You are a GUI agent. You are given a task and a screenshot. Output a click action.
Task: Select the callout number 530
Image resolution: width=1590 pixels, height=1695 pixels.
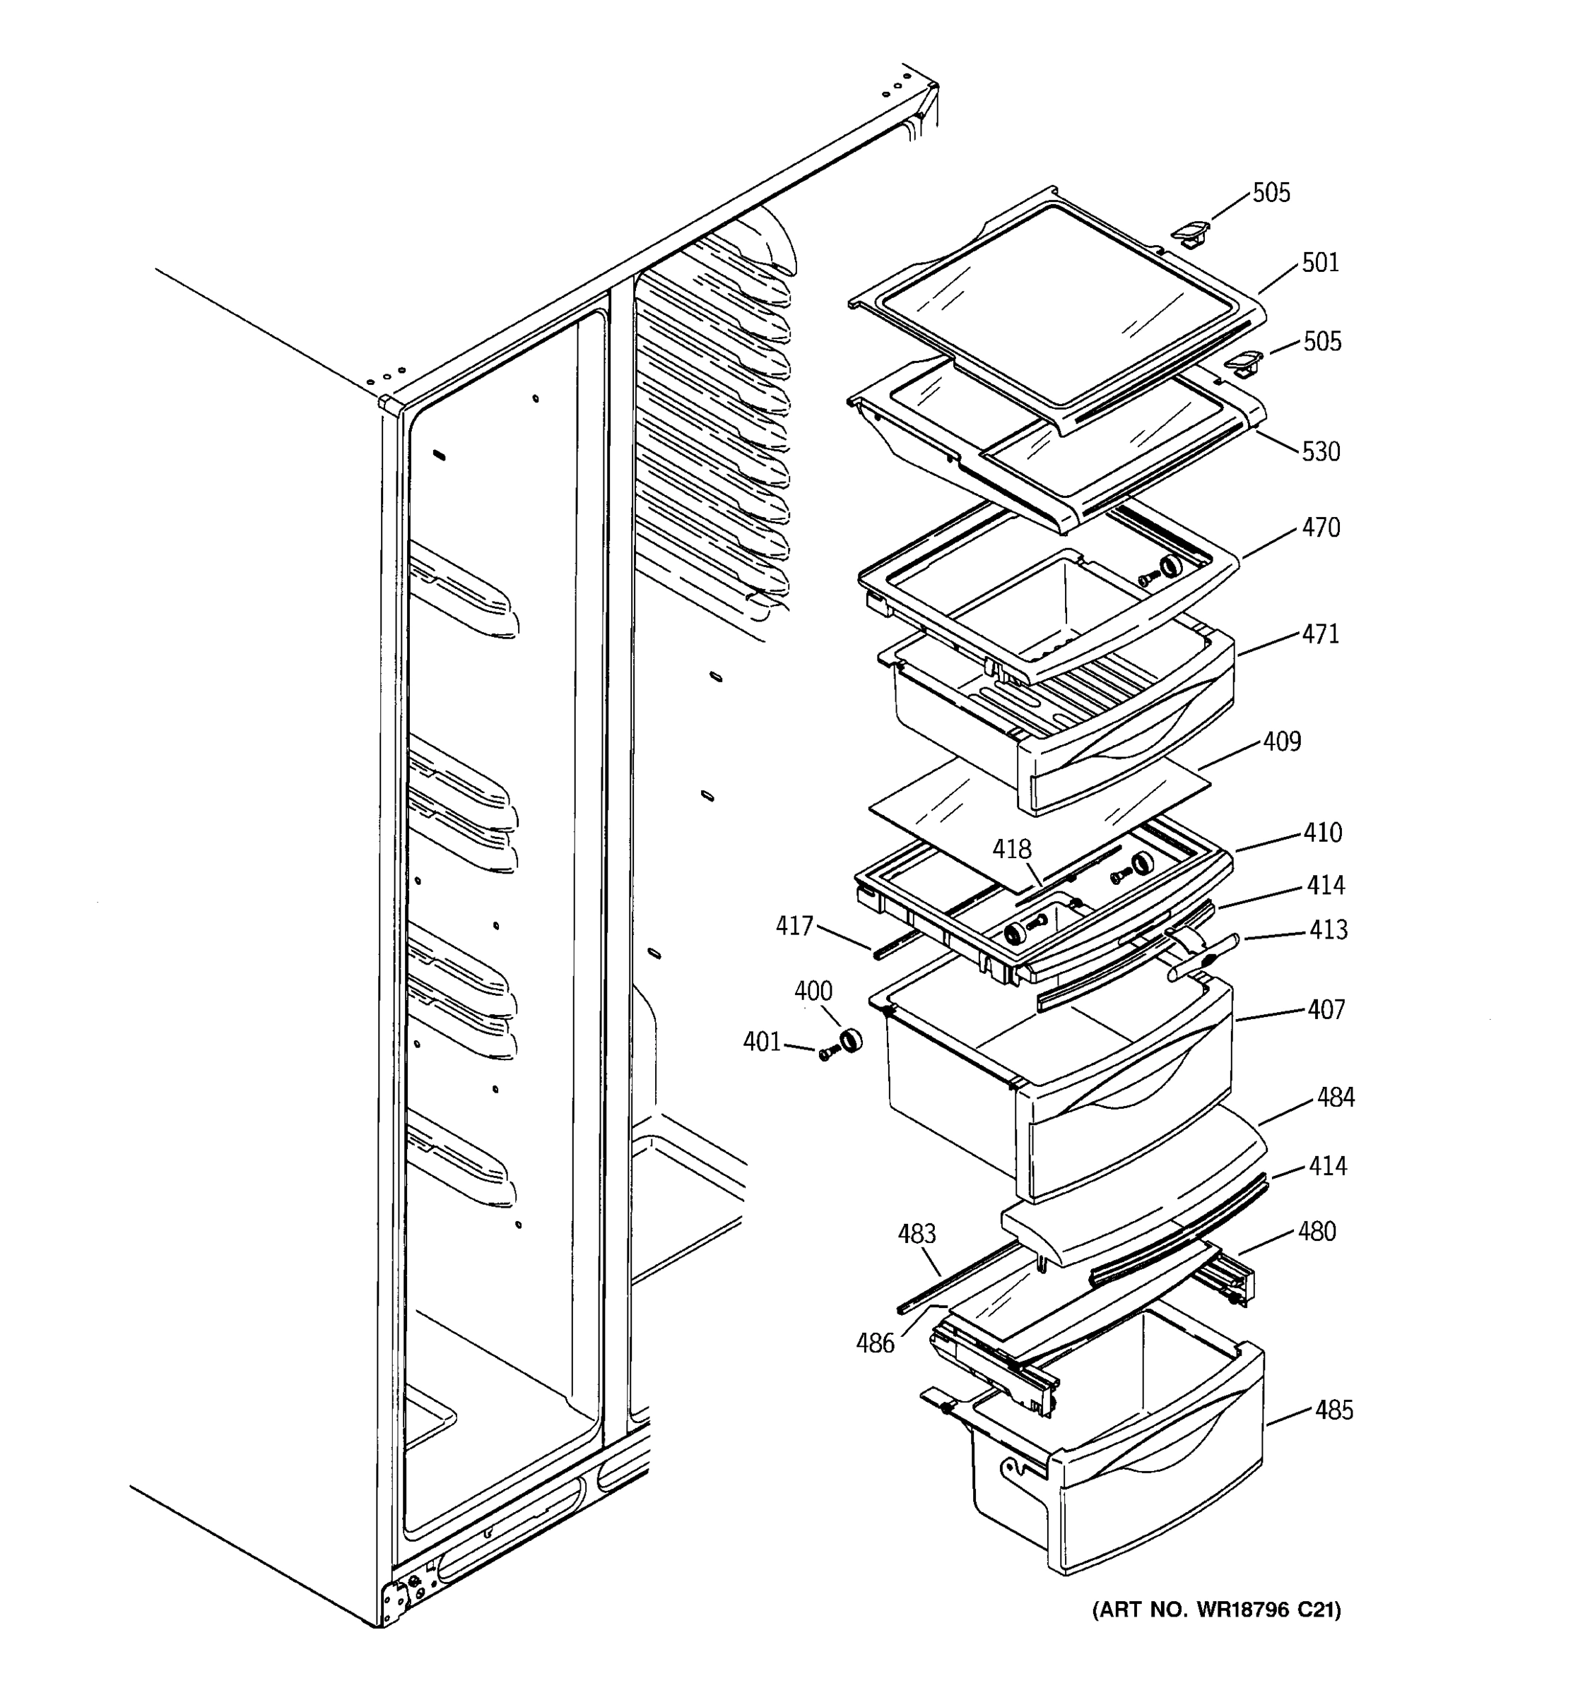click(x=1321, y=452)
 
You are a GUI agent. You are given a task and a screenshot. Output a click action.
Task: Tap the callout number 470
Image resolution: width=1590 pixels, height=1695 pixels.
click(x=1321, y=528)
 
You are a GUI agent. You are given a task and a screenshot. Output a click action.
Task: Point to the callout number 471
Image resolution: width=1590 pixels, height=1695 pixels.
click(x=1321, y=634)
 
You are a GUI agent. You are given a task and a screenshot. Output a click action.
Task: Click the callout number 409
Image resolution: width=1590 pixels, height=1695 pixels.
click(x=1282, y=742)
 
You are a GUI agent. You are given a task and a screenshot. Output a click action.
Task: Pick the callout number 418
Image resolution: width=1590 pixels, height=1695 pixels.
click(x=1012, y=849)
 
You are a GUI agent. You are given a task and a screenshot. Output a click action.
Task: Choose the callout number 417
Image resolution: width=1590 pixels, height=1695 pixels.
click(x=794, y=926)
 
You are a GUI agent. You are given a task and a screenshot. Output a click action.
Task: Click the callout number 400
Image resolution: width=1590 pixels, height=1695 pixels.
click(x=813, y=991)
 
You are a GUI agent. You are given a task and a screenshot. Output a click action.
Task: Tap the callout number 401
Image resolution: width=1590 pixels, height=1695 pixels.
click(x=762, y=1042)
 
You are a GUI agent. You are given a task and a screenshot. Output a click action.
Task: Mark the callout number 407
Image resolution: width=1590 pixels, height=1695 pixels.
click(x=1326, y=1009)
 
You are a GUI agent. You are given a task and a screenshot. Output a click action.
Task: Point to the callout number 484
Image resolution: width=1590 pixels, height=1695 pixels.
click(x=1335, y=1098)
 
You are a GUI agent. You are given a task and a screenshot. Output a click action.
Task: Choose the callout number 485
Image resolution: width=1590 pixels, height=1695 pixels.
click(x=1333, y=1411)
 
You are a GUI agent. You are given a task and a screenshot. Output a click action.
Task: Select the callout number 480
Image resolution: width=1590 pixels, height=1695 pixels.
click(x=1317, y=1232)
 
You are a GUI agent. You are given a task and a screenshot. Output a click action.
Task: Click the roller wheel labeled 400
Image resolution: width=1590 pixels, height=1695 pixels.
click(x=849, y=1040)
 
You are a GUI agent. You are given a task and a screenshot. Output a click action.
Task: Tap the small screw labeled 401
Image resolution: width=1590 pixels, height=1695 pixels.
click(x=825, y=1054)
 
